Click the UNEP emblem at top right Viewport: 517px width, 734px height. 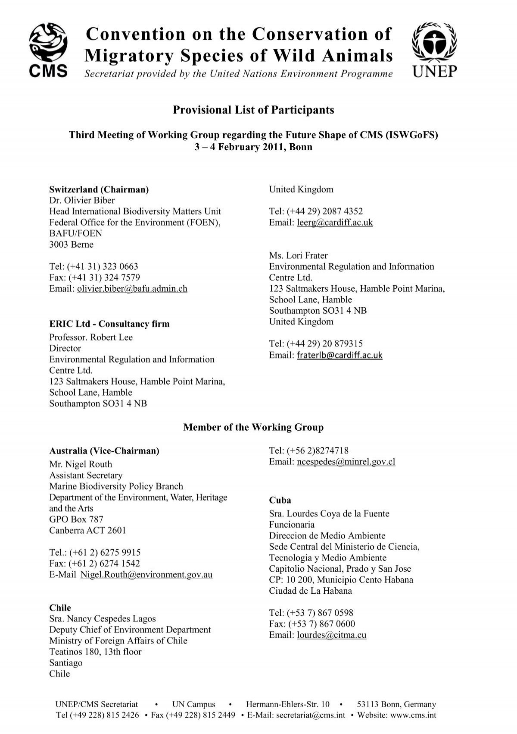[x=434, y=50]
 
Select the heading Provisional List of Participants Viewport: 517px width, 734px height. [x=253, y=110]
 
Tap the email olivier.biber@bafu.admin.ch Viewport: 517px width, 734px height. [x=132, y=289]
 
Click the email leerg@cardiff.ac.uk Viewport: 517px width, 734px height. [x=335, y=222]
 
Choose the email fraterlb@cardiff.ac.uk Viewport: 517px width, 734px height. [x=339, y=355]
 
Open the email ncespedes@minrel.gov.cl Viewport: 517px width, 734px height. [x=346, y=462]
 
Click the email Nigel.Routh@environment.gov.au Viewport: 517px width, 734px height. [x=146, y=575]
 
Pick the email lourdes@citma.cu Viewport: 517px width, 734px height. [x=332, y=635]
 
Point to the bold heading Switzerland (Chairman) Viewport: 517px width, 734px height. [x=99, y=189]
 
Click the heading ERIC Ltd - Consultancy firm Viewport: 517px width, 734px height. [x=109, y=324]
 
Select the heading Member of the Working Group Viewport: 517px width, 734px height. [x=253, y=427]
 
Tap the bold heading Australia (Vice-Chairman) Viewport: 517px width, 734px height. [x=104, y=451]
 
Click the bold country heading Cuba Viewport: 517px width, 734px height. [x=280, y=500]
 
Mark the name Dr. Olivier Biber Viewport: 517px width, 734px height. [x=82, y=200]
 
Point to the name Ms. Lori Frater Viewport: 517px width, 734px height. [x=299, y=255]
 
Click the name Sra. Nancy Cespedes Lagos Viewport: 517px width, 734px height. [x=103, y=619]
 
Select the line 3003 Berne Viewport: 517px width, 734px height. [x=72, y=245]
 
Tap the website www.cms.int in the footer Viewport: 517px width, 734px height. [x=414, y=715]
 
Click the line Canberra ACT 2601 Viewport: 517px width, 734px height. [x=87, y=530]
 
